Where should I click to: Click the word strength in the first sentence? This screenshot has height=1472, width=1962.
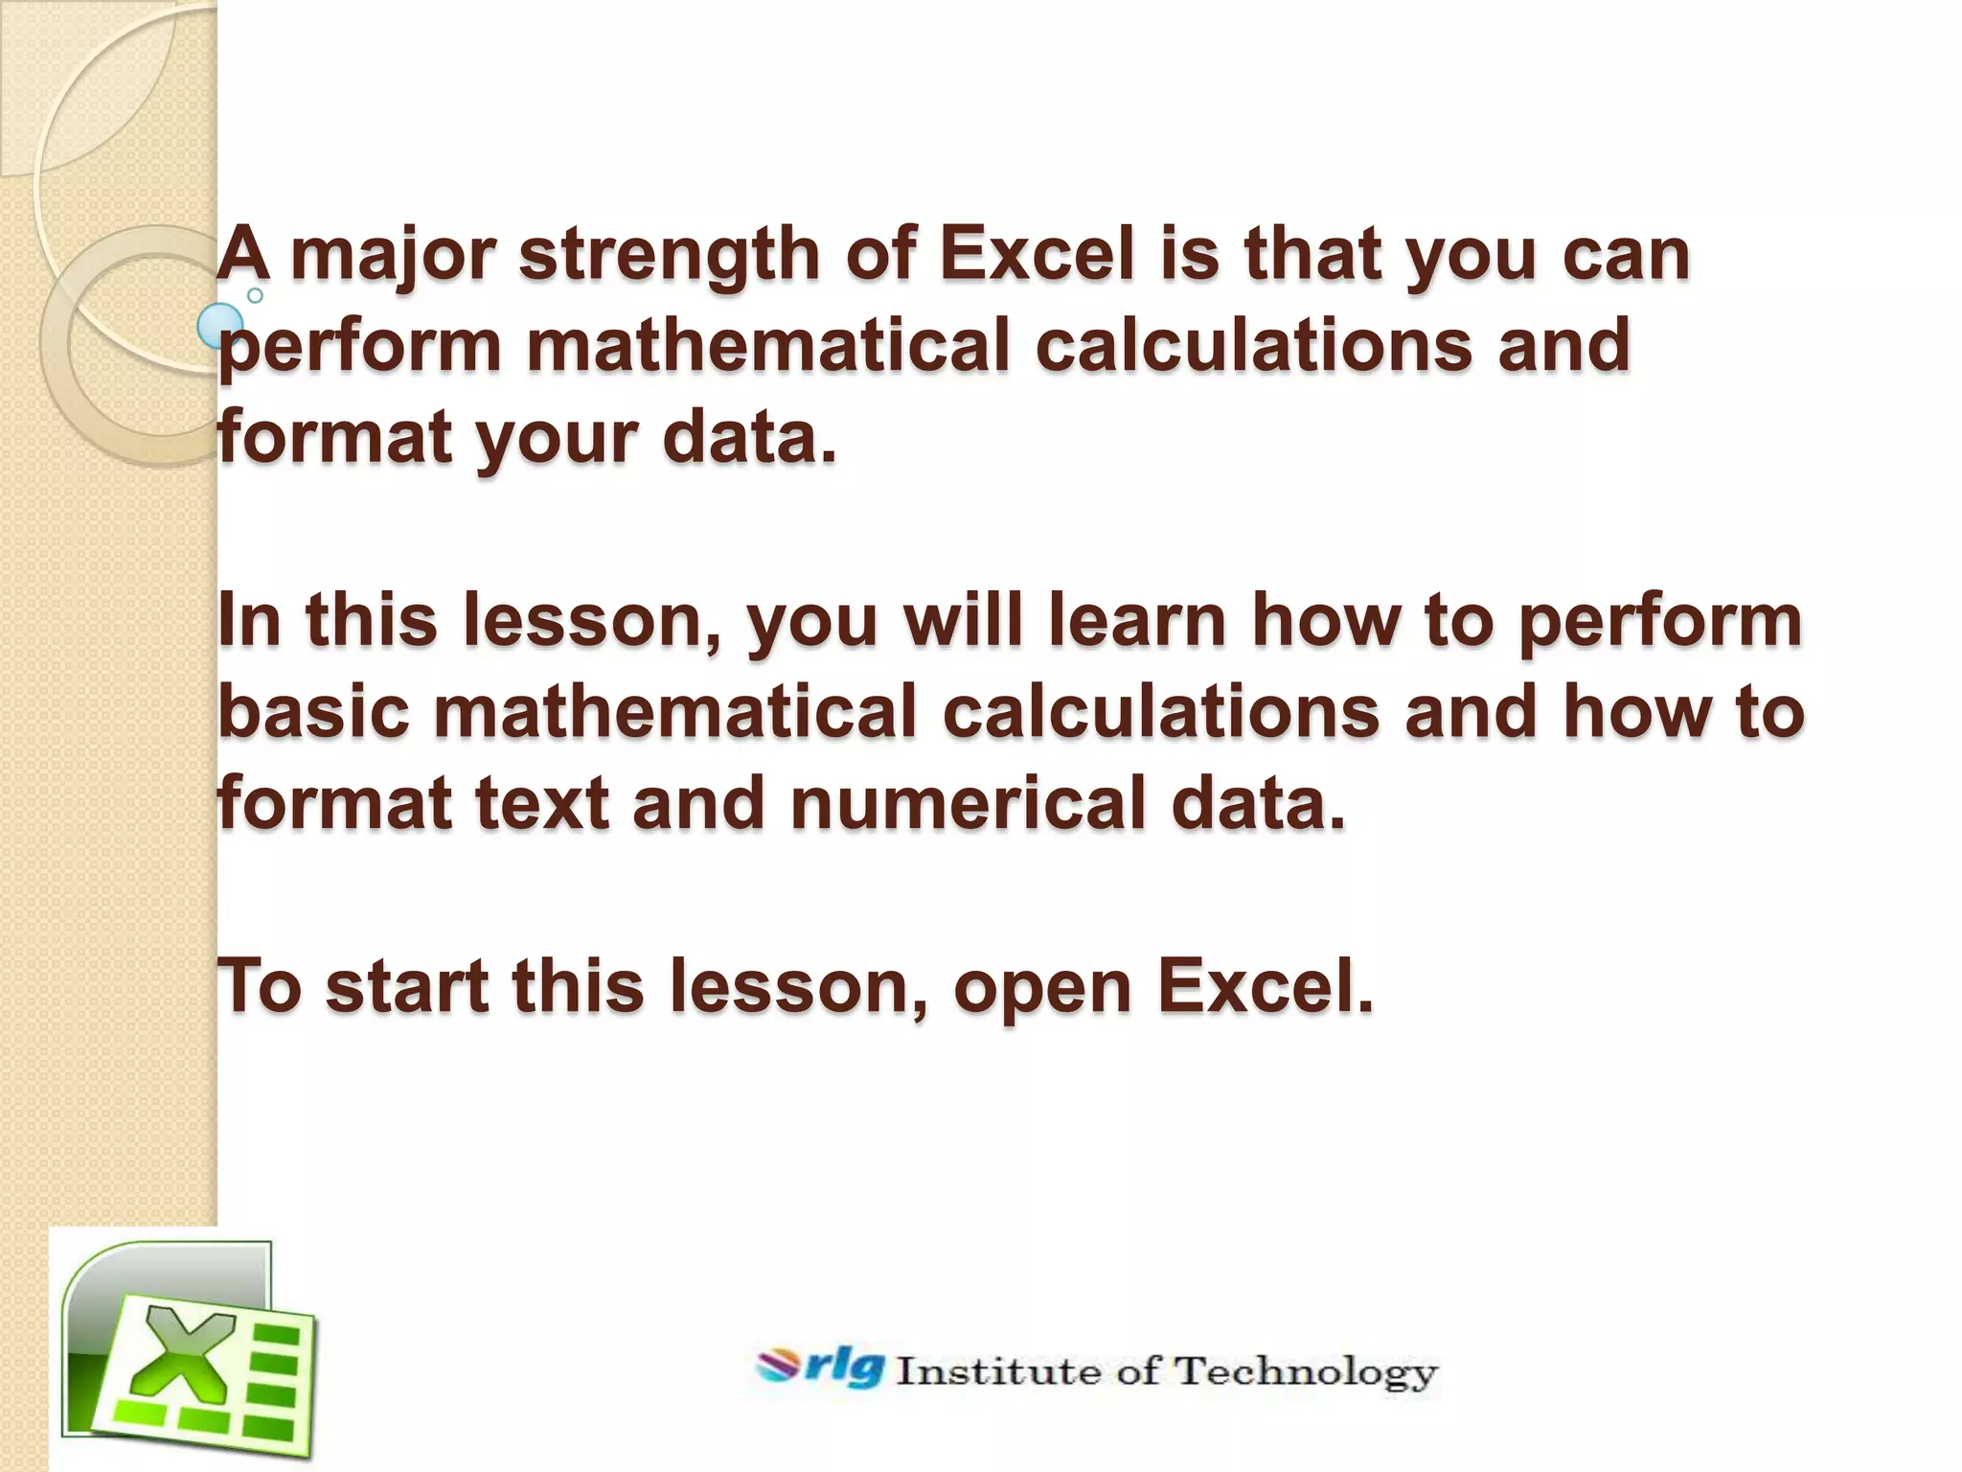[x=669, y=256]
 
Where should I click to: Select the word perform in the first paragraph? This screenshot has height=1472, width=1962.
[x=360, y=347]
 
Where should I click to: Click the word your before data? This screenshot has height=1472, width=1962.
[x=557, y=438]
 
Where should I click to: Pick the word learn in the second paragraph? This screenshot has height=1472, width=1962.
[x=1137, y=620]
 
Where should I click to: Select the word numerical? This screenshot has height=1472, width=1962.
[x=969, y=802]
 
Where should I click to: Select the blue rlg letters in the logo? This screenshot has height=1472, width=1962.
[x=844, y=1368]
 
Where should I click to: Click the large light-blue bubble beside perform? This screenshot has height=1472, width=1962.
[x=220, y=326]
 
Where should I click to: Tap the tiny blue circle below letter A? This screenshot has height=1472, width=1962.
[x=255, y=295]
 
